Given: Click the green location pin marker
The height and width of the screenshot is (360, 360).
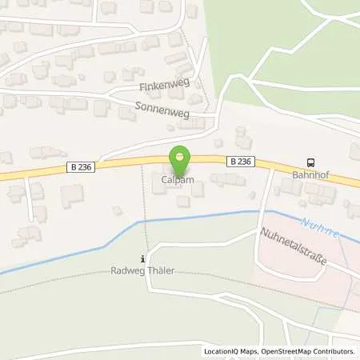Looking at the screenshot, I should (x=180, y=158).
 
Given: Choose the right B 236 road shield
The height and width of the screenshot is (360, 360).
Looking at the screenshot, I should (x=241, y=161).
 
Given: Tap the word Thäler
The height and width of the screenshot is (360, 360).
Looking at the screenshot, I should (x=162, y=270).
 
